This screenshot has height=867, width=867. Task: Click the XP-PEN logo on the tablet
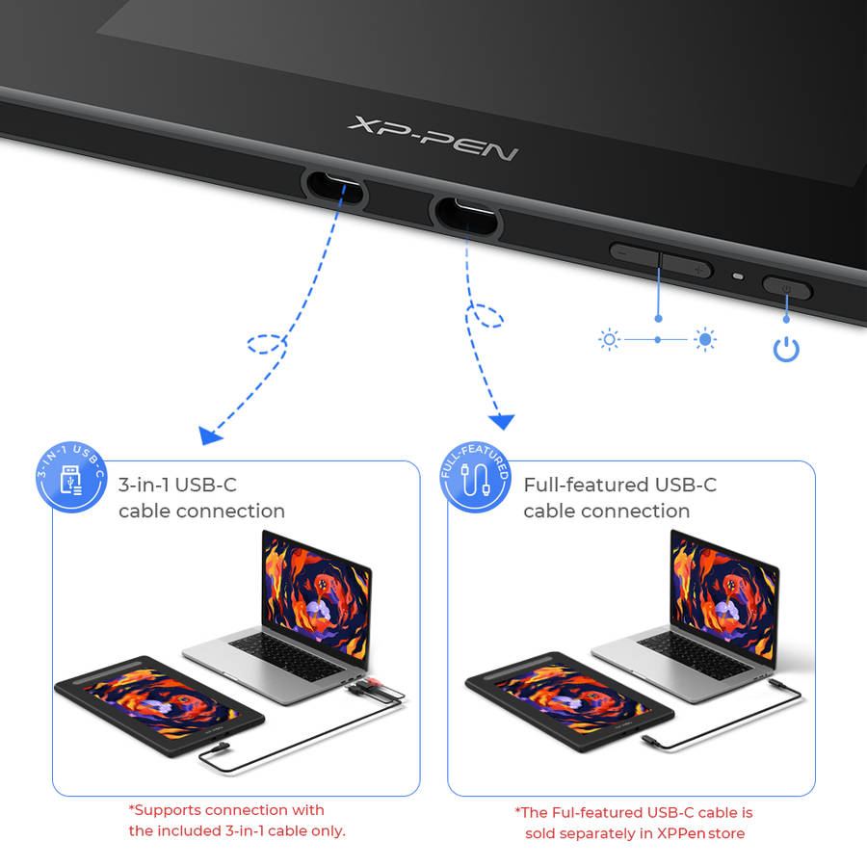[433, 138]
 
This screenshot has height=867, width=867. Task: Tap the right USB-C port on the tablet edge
[467, 214]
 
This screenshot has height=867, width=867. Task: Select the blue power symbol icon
[786, 349]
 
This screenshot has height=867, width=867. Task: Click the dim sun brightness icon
[609, 339]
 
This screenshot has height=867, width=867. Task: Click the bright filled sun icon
[705, 339]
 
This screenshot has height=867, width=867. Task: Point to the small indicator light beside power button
[739, 277]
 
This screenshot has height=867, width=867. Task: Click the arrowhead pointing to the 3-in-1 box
[209, 436]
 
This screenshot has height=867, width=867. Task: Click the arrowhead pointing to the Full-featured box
[502, 421]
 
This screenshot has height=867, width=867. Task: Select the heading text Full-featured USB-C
[619, 485]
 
